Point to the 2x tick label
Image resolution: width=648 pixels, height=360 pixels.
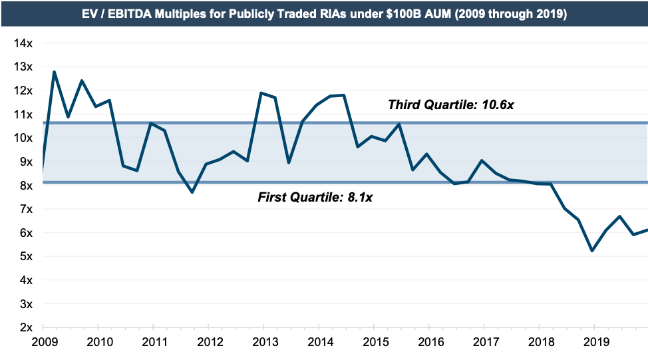pos(26,327)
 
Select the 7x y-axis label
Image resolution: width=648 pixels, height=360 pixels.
pos(26,209)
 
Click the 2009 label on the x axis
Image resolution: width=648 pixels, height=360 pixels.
pos(43,342)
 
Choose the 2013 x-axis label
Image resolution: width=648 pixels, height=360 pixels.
pos(263,342)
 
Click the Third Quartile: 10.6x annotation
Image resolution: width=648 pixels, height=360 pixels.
pos(450,104)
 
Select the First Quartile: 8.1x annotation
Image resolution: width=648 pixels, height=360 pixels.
pos(315,197)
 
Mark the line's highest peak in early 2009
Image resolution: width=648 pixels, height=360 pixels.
pos(54,71)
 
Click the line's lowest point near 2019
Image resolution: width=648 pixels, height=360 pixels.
pos(592,251)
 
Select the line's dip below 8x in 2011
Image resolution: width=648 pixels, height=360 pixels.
pos(192,192)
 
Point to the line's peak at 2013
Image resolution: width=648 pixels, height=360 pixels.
pos(261,92)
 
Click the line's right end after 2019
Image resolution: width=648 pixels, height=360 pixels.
pos(647,230)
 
